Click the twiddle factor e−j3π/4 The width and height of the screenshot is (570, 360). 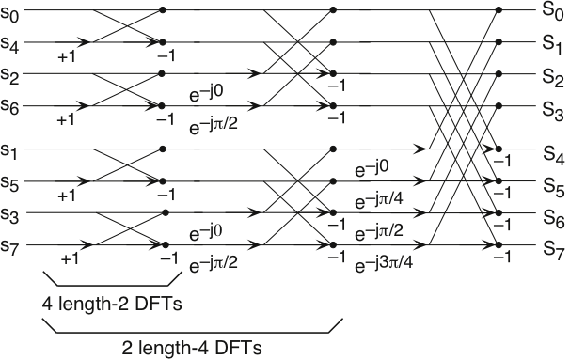[x=385, y=264]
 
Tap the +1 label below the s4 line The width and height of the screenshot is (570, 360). [x=67, y=56]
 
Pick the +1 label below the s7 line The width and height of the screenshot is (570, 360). [x=70, y=259]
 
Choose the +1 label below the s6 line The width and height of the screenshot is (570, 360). [x=67, y=120]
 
